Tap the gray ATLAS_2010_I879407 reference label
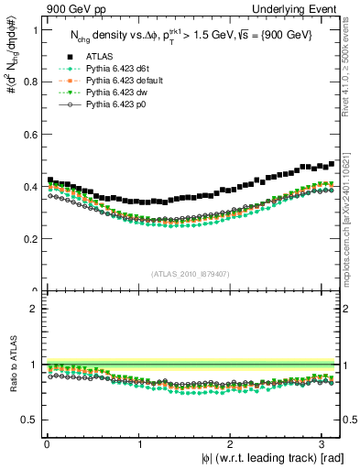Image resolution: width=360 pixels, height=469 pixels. (x=190, y=274)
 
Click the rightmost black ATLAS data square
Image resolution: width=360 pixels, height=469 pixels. (x=332, y=164)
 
